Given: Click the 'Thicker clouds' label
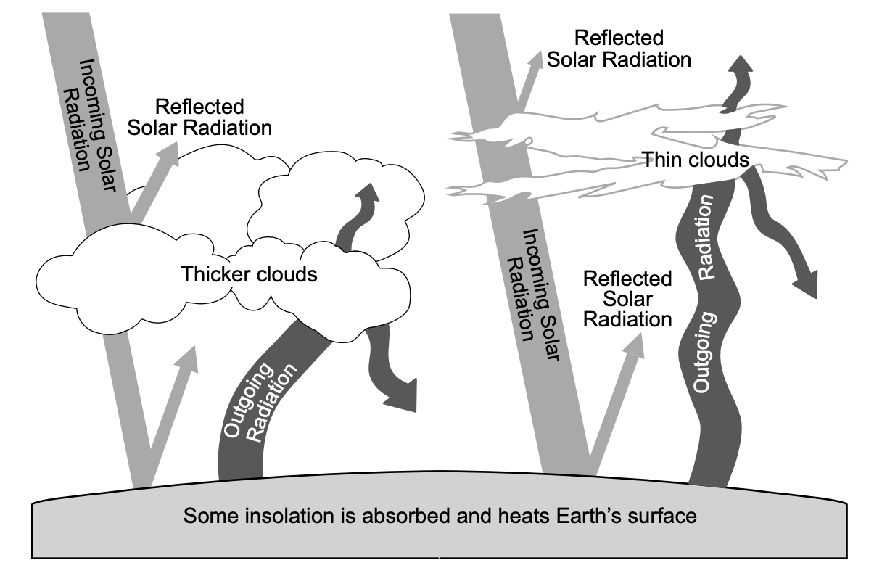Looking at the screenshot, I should [249, 275].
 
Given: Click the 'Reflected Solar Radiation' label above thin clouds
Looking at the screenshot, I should [619, 48].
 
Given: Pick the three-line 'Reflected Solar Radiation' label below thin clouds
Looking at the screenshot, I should [627, 298].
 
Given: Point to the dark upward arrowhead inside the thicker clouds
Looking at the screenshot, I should [369, 194].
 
